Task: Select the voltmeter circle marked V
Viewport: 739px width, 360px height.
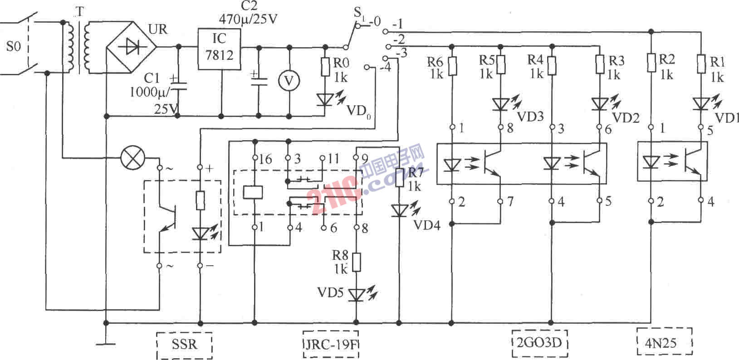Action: [289, 80]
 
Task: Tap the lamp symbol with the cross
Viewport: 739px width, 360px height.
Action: [132, 158]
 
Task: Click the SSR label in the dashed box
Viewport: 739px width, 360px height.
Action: [185, 345]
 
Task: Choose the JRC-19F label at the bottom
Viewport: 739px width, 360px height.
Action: [331, 345]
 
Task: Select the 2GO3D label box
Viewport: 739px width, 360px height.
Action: [539, 343]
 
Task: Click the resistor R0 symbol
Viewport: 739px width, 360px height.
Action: [325, 67]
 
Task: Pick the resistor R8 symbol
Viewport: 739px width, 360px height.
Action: [356, 263]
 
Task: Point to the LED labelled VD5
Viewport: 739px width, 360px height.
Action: [357, 295]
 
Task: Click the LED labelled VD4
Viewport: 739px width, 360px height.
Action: [399, 211]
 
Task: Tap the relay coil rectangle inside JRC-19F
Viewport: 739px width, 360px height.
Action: [253, 192]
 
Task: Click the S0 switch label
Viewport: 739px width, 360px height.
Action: [14, 46]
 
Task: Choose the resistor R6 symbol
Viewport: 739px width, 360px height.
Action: [452, 66]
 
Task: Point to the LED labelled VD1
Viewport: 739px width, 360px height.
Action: [701, 104]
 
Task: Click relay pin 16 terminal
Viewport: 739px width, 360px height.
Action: [254, 158]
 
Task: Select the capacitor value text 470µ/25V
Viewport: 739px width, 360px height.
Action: [248, 19]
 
